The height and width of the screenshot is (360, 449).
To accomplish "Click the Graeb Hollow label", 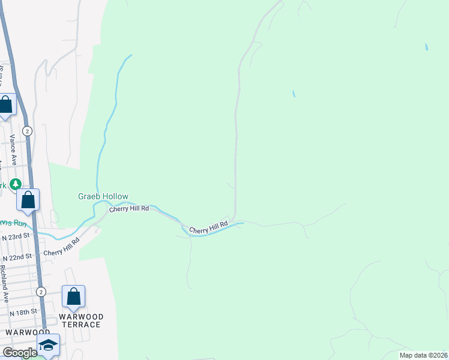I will (103, 196).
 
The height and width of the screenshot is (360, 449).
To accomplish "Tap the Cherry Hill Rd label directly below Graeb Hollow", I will (128, 208).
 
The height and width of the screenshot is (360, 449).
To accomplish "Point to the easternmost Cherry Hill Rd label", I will (208, 227).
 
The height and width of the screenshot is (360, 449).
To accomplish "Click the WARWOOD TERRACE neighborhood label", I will (81, 320).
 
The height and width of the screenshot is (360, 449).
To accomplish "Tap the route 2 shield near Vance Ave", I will (27, 130).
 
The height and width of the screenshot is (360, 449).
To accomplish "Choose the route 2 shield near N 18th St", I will (41, 292).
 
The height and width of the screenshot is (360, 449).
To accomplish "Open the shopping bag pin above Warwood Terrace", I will (73, 296).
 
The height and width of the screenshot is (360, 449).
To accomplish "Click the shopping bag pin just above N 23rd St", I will (28, 200).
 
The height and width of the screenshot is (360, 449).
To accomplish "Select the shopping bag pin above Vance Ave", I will (6, 105).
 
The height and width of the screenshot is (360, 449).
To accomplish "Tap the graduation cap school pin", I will (48, 344).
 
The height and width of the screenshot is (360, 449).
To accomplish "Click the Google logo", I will (20, 352).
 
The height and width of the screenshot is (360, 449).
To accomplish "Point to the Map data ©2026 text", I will (423, 355).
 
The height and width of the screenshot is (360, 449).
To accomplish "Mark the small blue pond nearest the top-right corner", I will (426, 46).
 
